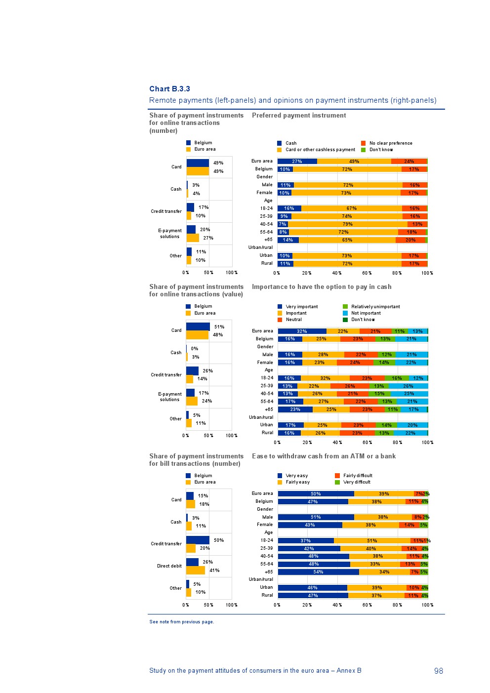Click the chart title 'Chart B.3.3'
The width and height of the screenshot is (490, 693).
coord(169,89)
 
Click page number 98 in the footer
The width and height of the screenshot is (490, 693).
coord(439,671)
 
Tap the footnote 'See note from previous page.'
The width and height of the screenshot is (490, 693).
coord(182,622)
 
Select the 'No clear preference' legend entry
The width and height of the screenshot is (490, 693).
coord(390,143)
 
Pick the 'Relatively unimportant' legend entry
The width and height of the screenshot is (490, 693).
coord(375,307)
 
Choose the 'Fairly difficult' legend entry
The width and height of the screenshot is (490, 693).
coord(357,476)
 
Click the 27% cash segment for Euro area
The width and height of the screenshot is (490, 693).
coord(297,162)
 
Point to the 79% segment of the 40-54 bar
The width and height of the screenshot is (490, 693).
coord(348,224)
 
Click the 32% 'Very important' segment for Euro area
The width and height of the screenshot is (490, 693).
coord(302,331)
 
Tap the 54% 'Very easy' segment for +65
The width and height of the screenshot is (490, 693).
coord(318,572)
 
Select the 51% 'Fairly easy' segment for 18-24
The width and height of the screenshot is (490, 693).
coord(372,541)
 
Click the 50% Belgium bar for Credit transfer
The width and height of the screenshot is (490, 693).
coord(198,540)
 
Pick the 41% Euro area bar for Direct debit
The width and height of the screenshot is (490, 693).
coord(196,571)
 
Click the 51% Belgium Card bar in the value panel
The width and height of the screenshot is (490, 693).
coord(198,326)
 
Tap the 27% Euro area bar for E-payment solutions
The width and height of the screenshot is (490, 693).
coord(193,238)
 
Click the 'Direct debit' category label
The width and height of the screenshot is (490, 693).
coord(169,566)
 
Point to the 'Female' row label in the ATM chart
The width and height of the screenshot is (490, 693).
coord(265,525)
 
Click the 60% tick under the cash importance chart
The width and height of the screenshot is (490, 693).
coord(367,443)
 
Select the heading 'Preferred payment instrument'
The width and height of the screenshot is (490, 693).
coord(299,116)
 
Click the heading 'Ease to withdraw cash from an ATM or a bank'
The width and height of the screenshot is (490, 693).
coord(324,456)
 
